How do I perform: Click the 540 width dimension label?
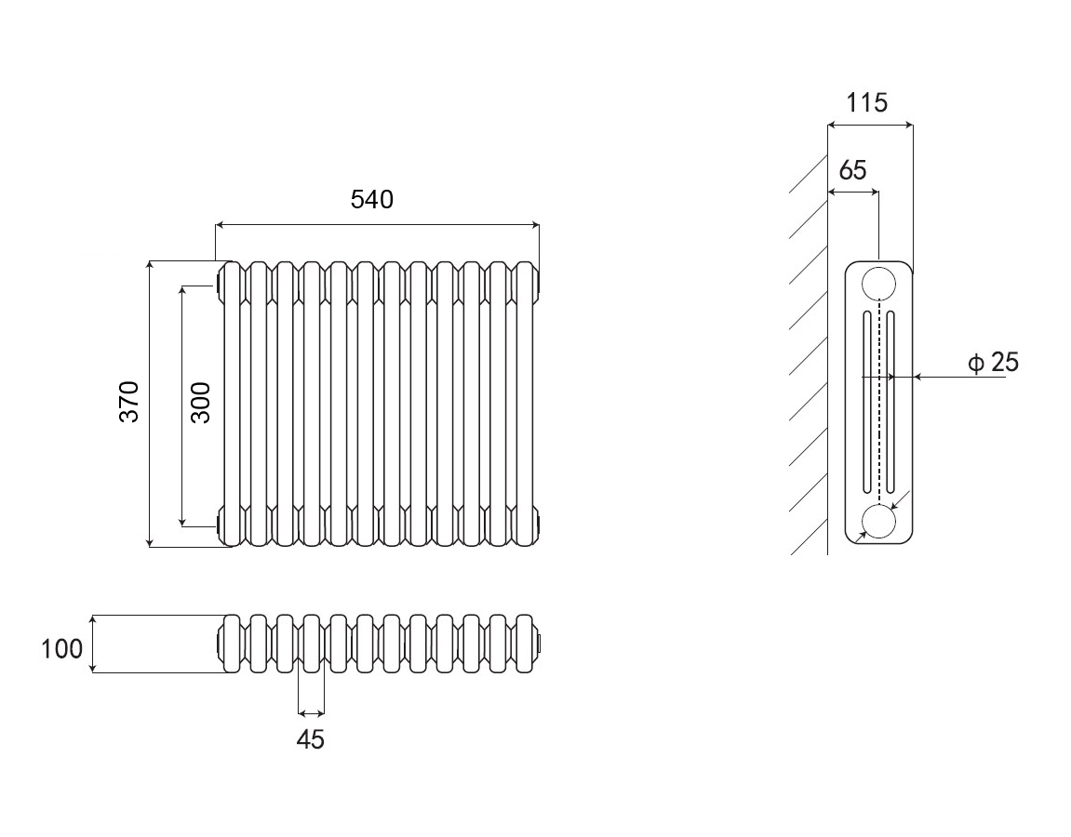(372, 199)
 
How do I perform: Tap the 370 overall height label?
(129, 402)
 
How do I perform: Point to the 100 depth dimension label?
(62, 648)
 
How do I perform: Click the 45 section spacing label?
(311, 740)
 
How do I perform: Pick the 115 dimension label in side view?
(867, 102)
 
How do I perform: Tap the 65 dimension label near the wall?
(852, 170)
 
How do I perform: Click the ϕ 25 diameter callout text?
(993, 363)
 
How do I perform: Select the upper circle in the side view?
(878, 282)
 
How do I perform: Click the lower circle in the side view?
(878, 521)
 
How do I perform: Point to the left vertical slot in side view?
(867, 402)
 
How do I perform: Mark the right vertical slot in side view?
(890, 402)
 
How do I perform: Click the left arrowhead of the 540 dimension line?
(221, 224)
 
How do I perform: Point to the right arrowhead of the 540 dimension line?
(534, 224)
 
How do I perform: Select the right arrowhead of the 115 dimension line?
(908, 125)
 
